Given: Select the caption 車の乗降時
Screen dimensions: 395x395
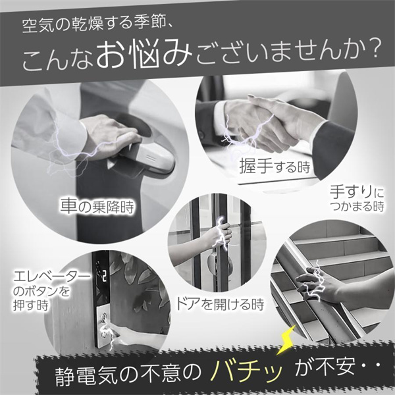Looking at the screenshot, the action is [x=97, y=206].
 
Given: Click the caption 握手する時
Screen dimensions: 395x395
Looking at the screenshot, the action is [x=275, y=166].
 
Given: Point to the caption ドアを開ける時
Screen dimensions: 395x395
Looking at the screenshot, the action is [x=219, y=303].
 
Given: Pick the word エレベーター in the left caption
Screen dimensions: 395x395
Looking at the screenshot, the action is [x=51, y=277].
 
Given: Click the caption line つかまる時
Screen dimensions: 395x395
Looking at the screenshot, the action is [x=357, y=206].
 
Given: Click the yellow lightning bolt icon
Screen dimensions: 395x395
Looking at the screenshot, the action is [x=288, y=339].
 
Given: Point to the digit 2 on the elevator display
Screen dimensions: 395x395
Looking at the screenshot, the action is [x=104, y=276].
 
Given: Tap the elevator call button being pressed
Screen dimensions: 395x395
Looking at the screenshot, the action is [x=103, y=317].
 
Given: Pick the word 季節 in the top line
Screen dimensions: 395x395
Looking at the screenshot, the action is [x=149, y=24].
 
